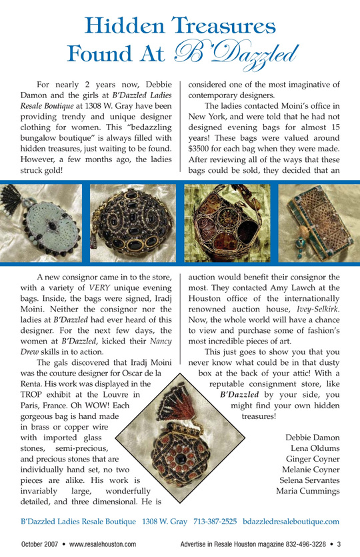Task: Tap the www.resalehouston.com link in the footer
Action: pyautogui.click(x=103, y=544)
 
